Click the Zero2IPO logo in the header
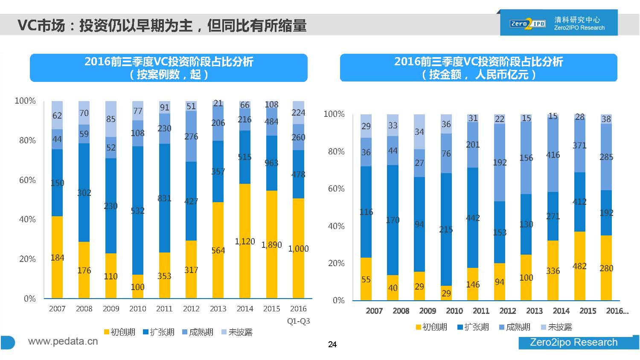(527, 23)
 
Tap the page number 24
(332, 344)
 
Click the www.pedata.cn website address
(63, 341)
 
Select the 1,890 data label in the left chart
(271, 245)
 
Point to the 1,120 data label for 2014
(245, 241)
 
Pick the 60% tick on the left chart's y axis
(27, 180)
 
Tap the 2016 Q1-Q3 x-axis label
(298, 314)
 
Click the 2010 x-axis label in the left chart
(137, 308)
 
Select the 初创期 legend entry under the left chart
(119, 332)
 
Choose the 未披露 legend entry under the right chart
(556, 327)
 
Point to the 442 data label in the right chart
(473, 218)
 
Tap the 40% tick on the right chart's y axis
(336, 226)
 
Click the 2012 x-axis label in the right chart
(508, 311)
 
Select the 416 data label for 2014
(553, 155)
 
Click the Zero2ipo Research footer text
(573, 342)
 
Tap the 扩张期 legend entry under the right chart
(473, 327)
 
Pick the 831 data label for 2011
(164, 198)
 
